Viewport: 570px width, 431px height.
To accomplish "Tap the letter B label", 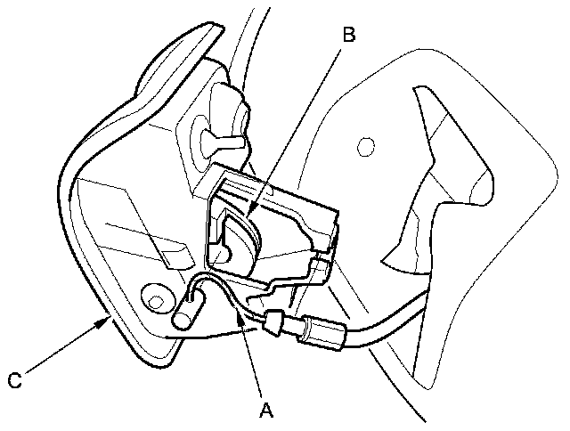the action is click(x=349, y=36).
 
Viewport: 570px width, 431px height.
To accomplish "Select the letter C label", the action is click(x=13, y=380).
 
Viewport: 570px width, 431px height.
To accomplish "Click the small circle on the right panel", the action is click(x=362, y=143).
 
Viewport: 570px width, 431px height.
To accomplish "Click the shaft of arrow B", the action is click(x=298, y=125).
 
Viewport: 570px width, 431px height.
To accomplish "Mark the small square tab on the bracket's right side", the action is click(x=322, y=267).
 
